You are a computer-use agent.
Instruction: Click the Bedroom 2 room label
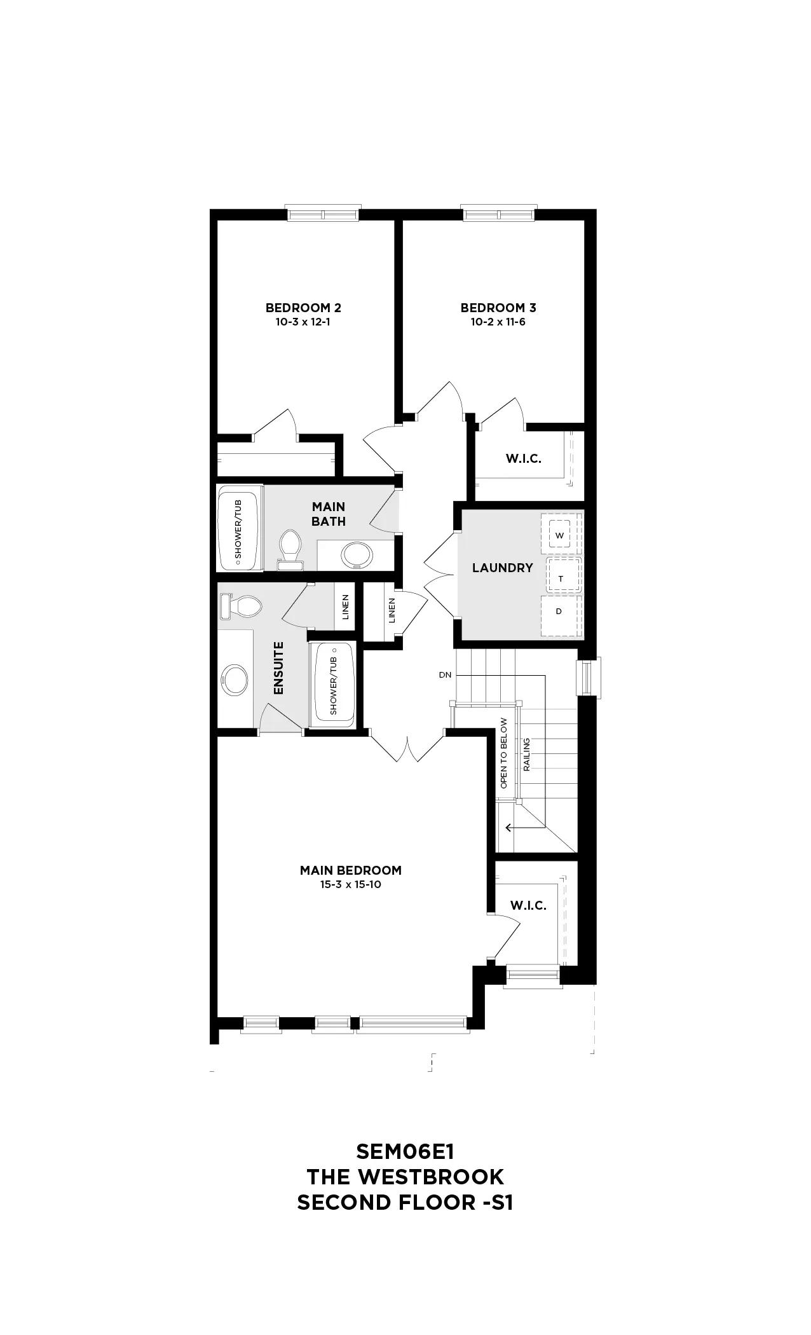click(x=303, y=308)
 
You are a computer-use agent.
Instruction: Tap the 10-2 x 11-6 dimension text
click(x=498, y=322)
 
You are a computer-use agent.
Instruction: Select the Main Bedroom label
click(x=351, y=870)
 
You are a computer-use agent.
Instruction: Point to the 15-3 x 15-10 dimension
click(x=351, y=884)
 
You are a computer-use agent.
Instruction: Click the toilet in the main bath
click(x=290, y=549)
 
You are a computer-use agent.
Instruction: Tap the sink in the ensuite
click(x=235, y=680)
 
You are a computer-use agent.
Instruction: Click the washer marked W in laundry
click(x=560, y=535)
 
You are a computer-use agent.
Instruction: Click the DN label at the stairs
click(x=445, y=674)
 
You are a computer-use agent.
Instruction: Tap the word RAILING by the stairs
click(x=526, y=755)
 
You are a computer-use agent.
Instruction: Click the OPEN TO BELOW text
click(x=504, y=753)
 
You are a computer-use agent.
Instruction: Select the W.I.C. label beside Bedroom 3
click(x=524, y=458)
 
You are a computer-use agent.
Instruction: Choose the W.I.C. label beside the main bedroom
click(x=529, y=905)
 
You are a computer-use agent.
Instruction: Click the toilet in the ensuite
click(x=240, y=606)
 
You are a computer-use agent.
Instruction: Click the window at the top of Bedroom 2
click(x=323, y=213)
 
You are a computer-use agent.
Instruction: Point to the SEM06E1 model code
click(x=405, y=1151)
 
